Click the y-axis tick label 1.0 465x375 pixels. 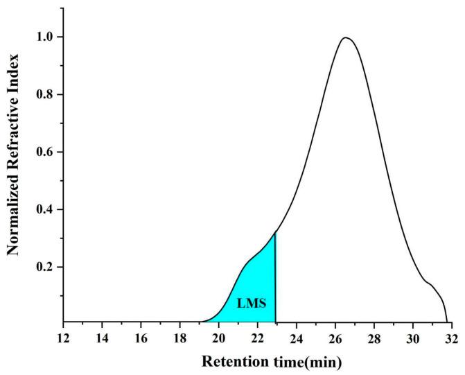point(45,36)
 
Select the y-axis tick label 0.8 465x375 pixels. point(45,94)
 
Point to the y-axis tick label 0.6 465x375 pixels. point(45,151)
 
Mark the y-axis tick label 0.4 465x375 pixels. point(45,209)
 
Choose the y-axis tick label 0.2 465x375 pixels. point(45,267)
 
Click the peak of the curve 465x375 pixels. point(345,38)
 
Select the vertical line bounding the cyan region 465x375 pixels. point(276,277)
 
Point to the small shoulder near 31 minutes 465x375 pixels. point(430,283)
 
